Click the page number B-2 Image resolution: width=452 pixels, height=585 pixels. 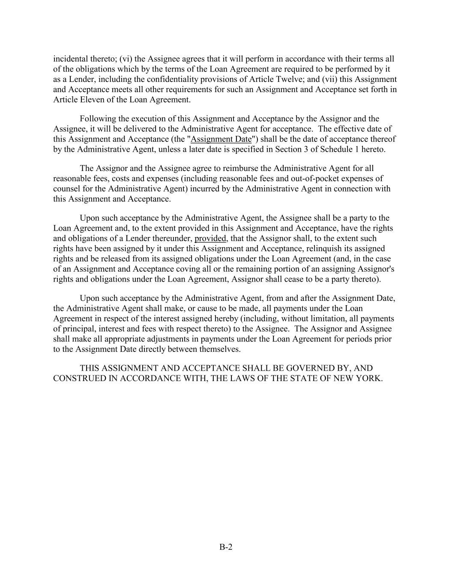pyautogui.click(x=226, y=547)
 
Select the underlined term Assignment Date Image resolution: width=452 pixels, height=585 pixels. pyautogui.click(x=221, y=139)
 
